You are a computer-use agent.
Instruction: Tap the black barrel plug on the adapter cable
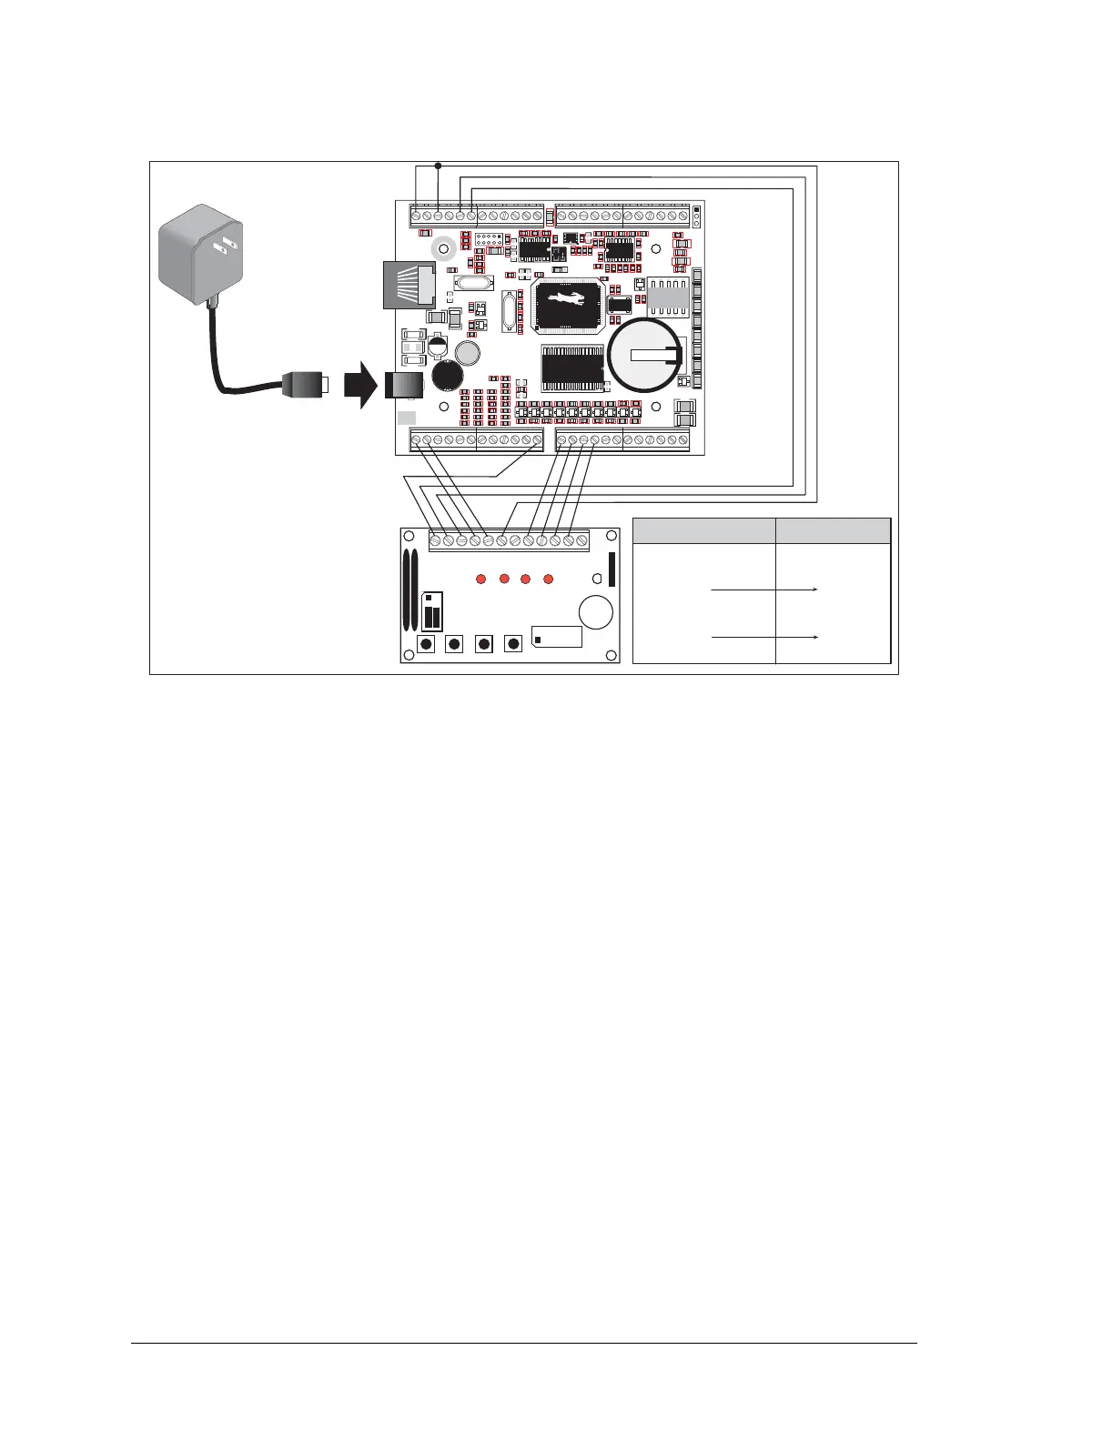(x=306, y=385)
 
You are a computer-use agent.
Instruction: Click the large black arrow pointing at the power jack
(x=360, y=386)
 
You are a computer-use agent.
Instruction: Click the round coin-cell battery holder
(x=643, y=357)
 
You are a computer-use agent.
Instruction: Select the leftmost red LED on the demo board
(x=481, y=579)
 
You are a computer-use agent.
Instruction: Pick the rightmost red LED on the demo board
(x=548, y=579)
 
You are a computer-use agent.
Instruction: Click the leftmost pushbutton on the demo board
(x=425, y=644)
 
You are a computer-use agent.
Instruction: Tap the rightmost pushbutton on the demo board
(x=513, y=644)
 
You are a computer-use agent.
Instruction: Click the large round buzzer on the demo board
(x=596, y=611)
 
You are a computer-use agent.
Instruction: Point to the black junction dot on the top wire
(x=438, y=166)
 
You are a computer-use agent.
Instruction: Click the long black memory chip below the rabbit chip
(x=572, y=368)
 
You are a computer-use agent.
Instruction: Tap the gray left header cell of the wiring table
(x=703, y=530)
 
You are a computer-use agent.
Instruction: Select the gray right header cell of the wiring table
(x=833, y=530)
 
